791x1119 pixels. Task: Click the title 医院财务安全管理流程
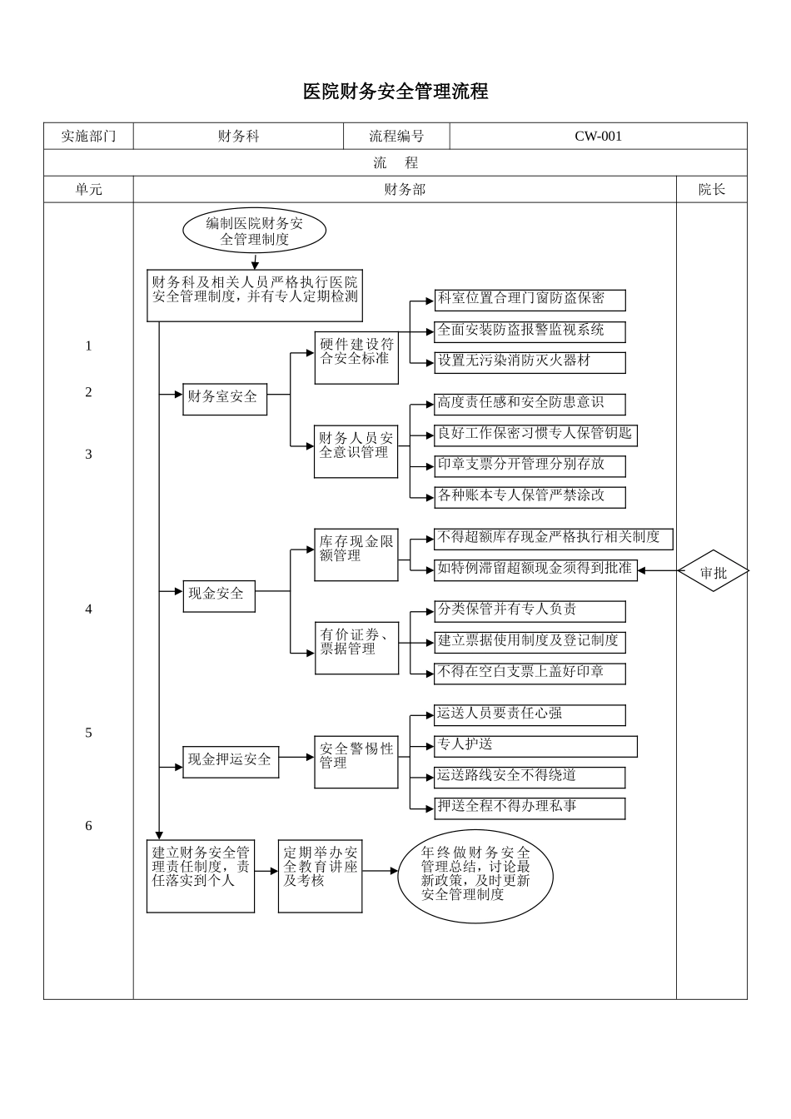(x=395, y=92)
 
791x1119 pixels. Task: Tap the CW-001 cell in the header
(x=598, y=137)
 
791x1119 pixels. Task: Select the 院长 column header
(x=711, y=190)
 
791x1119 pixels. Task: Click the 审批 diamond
(x=714, y=572)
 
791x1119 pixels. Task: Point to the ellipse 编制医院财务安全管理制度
(x=254, y=231)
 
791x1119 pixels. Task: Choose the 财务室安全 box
(x=225, y=398)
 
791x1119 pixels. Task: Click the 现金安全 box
(x=219, y=594)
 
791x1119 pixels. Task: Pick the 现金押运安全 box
(x=231, y=761)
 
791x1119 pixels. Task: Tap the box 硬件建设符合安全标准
(x=356, y=357)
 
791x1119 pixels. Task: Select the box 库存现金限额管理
(x=356, y=555)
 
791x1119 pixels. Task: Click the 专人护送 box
(x=535, y=746)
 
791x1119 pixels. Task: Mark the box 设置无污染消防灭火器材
(x=530, y=362)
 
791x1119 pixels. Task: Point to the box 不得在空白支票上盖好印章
(x=530, y=673)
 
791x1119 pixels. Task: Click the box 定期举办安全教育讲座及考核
(x=320, y=876)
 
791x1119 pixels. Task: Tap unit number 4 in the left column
(x=88, y=609)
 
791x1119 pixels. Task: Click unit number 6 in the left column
(x=88, y=826)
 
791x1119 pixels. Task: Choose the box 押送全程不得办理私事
(x=530, y=808)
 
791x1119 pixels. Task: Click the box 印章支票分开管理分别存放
(x=530, y=465)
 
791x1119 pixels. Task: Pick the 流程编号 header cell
(x=396, y=137)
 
